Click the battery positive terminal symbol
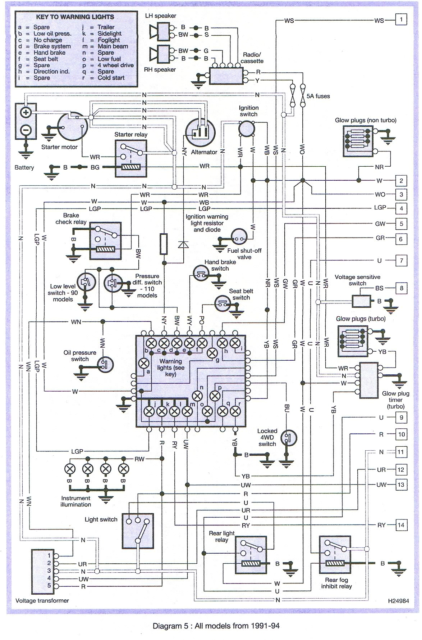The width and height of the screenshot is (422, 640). (x=26, y=112)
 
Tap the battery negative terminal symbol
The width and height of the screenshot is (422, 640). (x=26, y=129)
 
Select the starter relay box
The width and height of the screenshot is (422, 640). (x=131, y=158)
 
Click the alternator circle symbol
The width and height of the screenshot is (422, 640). (x=200, y=131)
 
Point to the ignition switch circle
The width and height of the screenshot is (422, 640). (x=247, y=128)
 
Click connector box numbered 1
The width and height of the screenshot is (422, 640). (x=401, y=19)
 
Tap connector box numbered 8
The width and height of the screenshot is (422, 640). (x=401, y=288)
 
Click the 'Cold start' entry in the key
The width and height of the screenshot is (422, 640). (x=111, y=78)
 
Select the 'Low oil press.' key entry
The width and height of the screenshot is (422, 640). (x=52, y=33)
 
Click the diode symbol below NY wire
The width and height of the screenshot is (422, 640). (x=183, y=244)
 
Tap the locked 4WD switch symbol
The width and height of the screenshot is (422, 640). (x=289, y=438)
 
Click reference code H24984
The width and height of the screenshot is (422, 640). (x=398, y=601)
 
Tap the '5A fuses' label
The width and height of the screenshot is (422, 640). (x=318, y=96)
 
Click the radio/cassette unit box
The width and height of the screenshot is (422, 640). (x=226, y=76)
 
